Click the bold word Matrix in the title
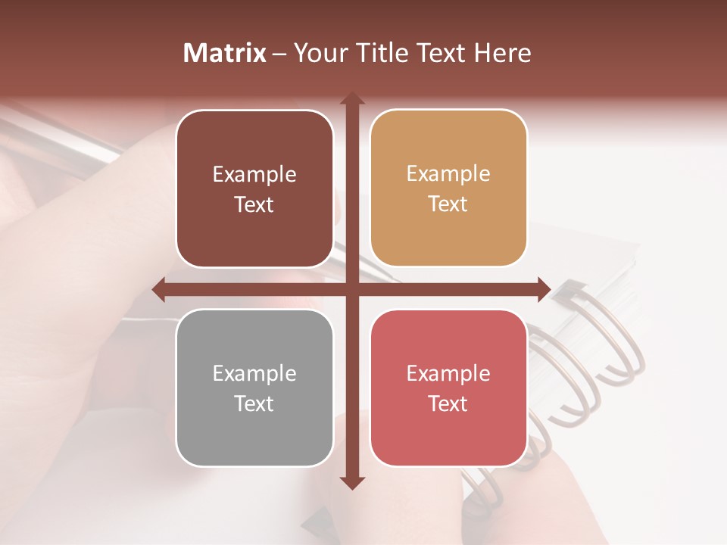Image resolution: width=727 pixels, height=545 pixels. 225,53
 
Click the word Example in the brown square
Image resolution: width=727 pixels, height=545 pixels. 254,175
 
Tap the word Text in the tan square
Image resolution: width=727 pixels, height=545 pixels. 448,204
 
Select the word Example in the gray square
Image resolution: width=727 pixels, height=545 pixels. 254,374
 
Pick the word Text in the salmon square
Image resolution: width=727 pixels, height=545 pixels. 448,403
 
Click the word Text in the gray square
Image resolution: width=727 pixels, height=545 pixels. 254,403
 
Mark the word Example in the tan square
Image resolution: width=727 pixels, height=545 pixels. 448,174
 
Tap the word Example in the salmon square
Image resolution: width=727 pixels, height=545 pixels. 448,374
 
